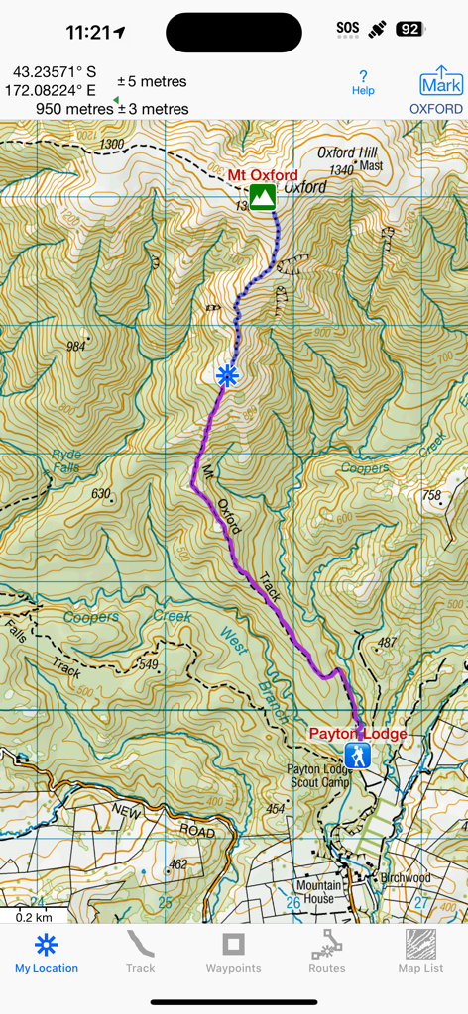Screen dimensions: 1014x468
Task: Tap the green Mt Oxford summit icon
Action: click(262, 196)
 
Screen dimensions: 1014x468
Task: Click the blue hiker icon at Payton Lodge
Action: click(357, 758)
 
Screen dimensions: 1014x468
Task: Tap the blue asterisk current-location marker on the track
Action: click(228, 375)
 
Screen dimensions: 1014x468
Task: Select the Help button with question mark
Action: click(363, 83)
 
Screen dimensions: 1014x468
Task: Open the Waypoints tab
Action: click(233, 953)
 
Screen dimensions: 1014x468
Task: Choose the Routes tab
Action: click(327, 953)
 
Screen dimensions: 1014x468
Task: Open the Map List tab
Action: click(420, 953)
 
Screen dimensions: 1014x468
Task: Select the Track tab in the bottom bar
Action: click(140, 953)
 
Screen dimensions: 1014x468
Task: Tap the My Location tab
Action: click(47, 953)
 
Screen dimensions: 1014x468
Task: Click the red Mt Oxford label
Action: click(263, 175)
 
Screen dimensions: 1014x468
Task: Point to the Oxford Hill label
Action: click(348, 153)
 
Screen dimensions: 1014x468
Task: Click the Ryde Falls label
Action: click(66, 460)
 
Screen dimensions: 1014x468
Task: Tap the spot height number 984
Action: click(75, 347)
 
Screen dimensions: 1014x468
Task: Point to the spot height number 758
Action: click(430, 495)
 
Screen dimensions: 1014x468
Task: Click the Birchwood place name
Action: click(405, 877)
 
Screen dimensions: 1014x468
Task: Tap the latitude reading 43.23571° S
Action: click(56, 72)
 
